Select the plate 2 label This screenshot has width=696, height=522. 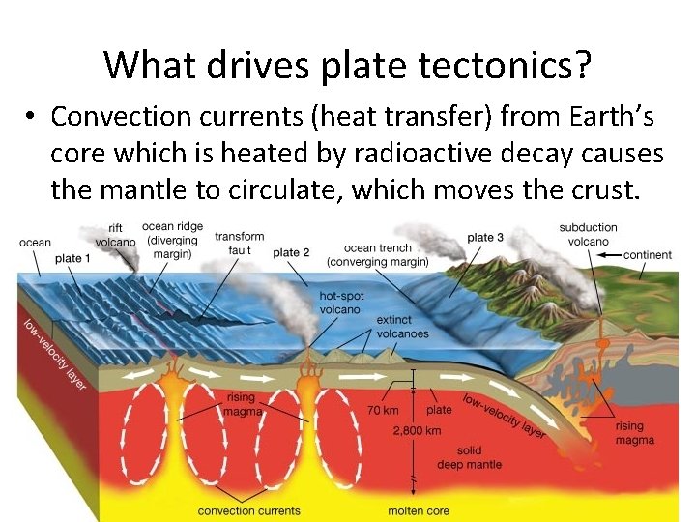click(x=291, y=252)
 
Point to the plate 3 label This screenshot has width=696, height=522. click(x=485, y=238)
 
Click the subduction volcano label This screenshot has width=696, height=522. click(x=588, y=235)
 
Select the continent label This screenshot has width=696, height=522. click(x=648, y=255)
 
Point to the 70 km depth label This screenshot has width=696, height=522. click(x=383, y=410)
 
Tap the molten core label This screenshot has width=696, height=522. click(x=420, y=510)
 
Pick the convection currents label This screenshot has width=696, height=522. click(x=248, y=510)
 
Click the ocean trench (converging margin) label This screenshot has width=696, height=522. click(x=377, y=254)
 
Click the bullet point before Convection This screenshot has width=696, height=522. click(x=32, y=118)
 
